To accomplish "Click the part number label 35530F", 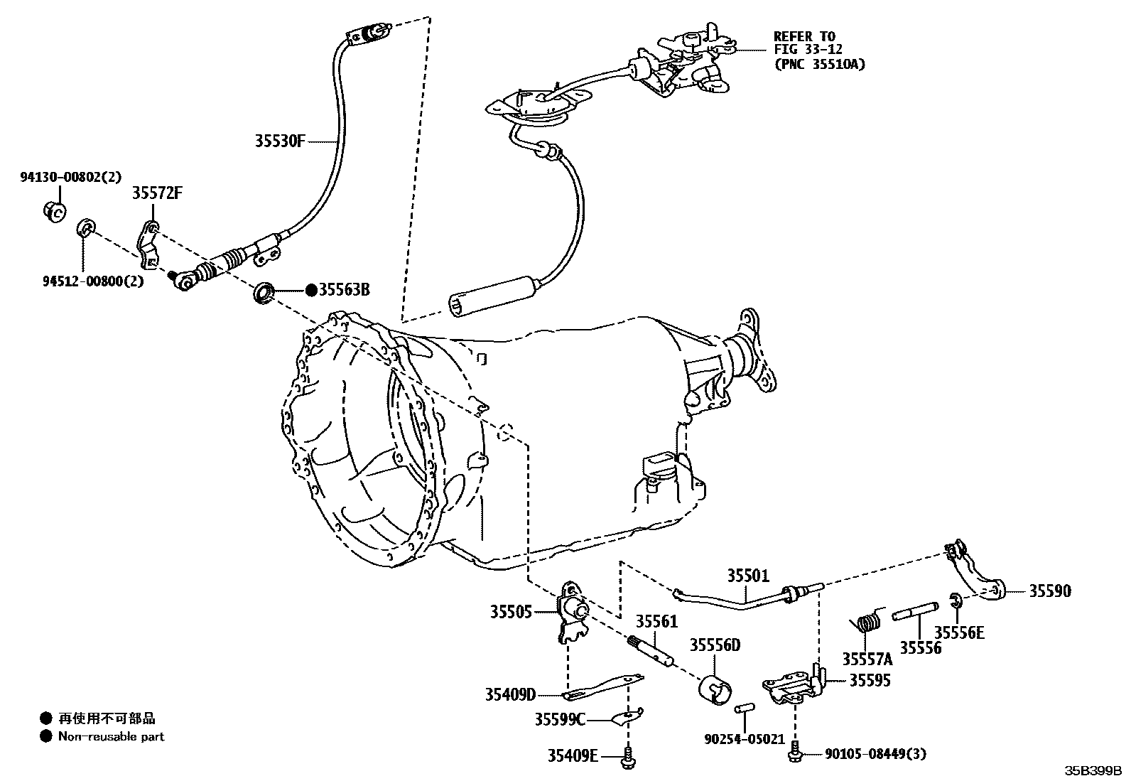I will [x=280, y=141].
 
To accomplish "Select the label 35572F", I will [x=157, y=193].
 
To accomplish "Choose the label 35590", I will [x=1050, y=591].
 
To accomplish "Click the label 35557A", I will [x=867, y=659].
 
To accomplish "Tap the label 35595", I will [x=870, y=680].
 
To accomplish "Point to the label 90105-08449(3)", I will [x=875, y=755].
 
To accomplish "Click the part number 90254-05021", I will [x=745, y=740].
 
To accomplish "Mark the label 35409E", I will [x=573, y=755].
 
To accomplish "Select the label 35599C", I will [x=560, y=720].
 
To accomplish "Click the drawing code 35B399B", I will [x=1092, y=770].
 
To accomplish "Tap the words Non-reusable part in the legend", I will [x=111, y=736].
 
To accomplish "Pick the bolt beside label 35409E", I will [x=627, y=758].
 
